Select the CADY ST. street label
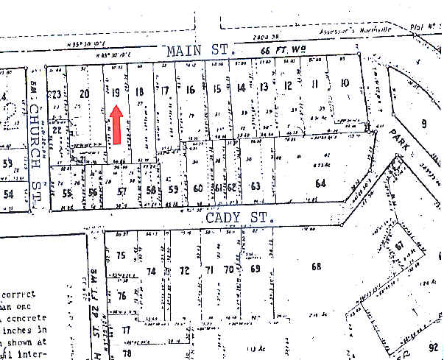239,218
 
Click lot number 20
84,93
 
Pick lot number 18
138,92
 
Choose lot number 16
190,90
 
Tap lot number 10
344,82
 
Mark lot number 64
320,183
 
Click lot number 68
317,266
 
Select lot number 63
255,186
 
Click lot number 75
121,255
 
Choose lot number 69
255,269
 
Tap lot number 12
288,85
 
